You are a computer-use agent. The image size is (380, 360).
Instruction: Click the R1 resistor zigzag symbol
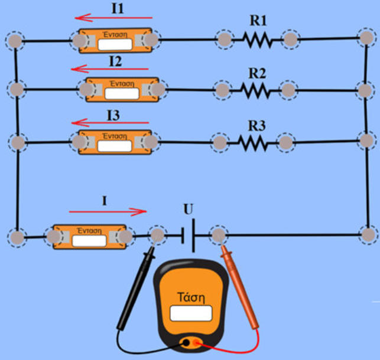[x=257, y=40]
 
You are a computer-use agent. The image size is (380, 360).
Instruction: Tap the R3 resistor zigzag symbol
[x=252, y=142]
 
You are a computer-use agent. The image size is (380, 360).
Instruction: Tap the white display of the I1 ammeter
[x=115, y=44]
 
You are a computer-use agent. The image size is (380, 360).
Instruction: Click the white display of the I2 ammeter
[x=122, y=93]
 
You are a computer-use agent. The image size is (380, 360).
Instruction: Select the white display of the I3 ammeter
[x=114, y=145]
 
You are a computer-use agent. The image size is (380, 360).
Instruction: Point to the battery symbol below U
[x=189, y=236]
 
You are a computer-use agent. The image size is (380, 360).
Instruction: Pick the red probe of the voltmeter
[x=242, y=290]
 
